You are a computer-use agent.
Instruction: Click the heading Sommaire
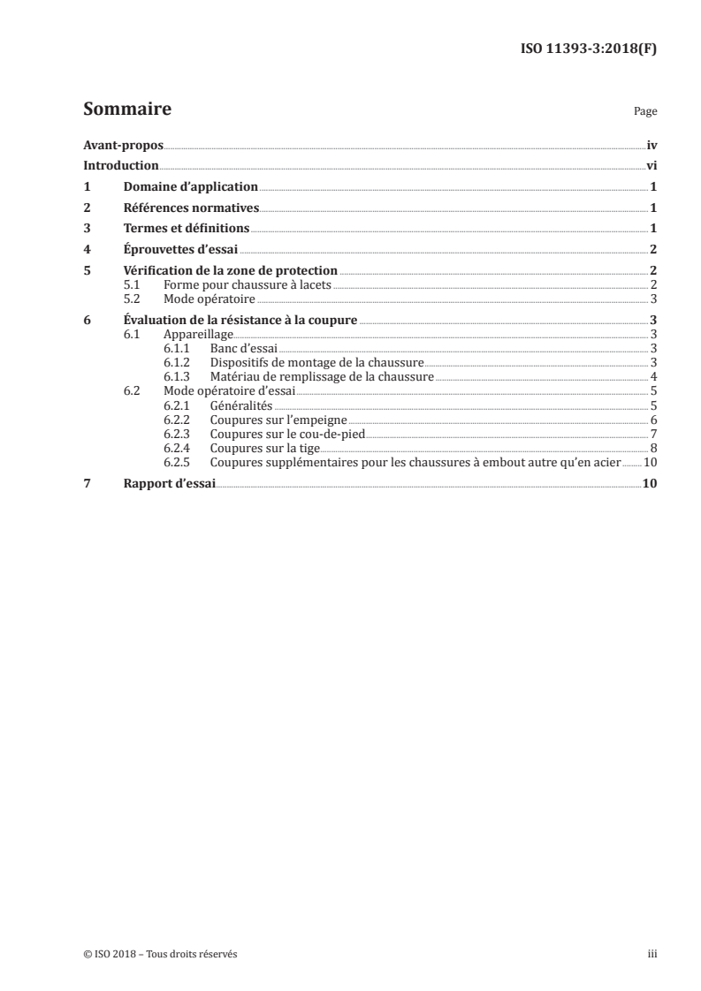pyautogui.click(x=126, y=110)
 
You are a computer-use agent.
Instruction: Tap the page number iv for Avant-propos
pyautogui.click(x=651, y=146)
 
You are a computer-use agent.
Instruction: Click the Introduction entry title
pyautogui.click(x=120, y=166)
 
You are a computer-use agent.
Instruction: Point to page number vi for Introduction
pyautogui.click(x=651, y=166)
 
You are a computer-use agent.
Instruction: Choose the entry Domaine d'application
pyautogui.click(x=190, y=187)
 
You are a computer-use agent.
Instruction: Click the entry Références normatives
pyautogui.click(x=191, y=208)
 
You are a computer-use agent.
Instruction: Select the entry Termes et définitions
pyautogui.click(x=187, y=229)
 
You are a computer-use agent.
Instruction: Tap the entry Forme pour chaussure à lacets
pyautogui.click(x=247, y=284)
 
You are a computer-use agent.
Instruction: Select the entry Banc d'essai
pyautogui.click(x=243, y=349)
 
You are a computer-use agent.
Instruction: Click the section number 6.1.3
pyautogui.click(x=178, y=375)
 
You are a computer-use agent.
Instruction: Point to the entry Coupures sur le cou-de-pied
pyautogui.click(x=286, y=434)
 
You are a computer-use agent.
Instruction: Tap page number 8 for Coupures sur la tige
pyautogui.click(x=652, y=448)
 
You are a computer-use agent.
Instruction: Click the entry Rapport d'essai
pyautogui.click(x=169, y=483)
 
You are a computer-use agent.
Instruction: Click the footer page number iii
pyautogui.click(x=652, y=954)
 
